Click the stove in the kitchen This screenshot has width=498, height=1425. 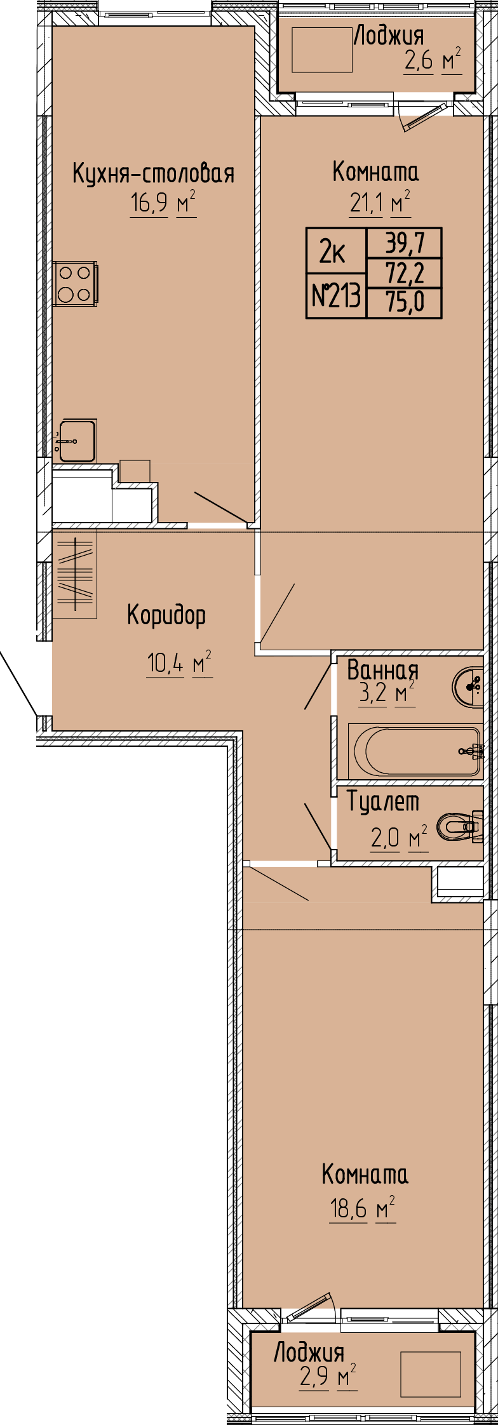click(76, 283)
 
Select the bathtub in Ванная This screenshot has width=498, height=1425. click(415, 751)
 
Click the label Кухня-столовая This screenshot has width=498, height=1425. click(154, 173)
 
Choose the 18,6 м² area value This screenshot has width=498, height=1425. click(363, 1208)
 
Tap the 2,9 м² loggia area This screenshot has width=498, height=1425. click(328, 1372)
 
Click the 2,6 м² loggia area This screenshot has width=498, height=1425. click(432, 60)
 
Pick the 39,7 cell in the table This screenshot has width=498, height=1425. click(404, 242)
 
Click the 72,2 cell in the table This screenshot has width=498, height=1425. click(404, 272)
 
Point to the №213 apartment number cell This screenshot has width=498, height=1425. click(337, 296)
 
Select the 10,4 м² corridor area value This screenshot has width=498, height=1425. click(179, 664)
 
